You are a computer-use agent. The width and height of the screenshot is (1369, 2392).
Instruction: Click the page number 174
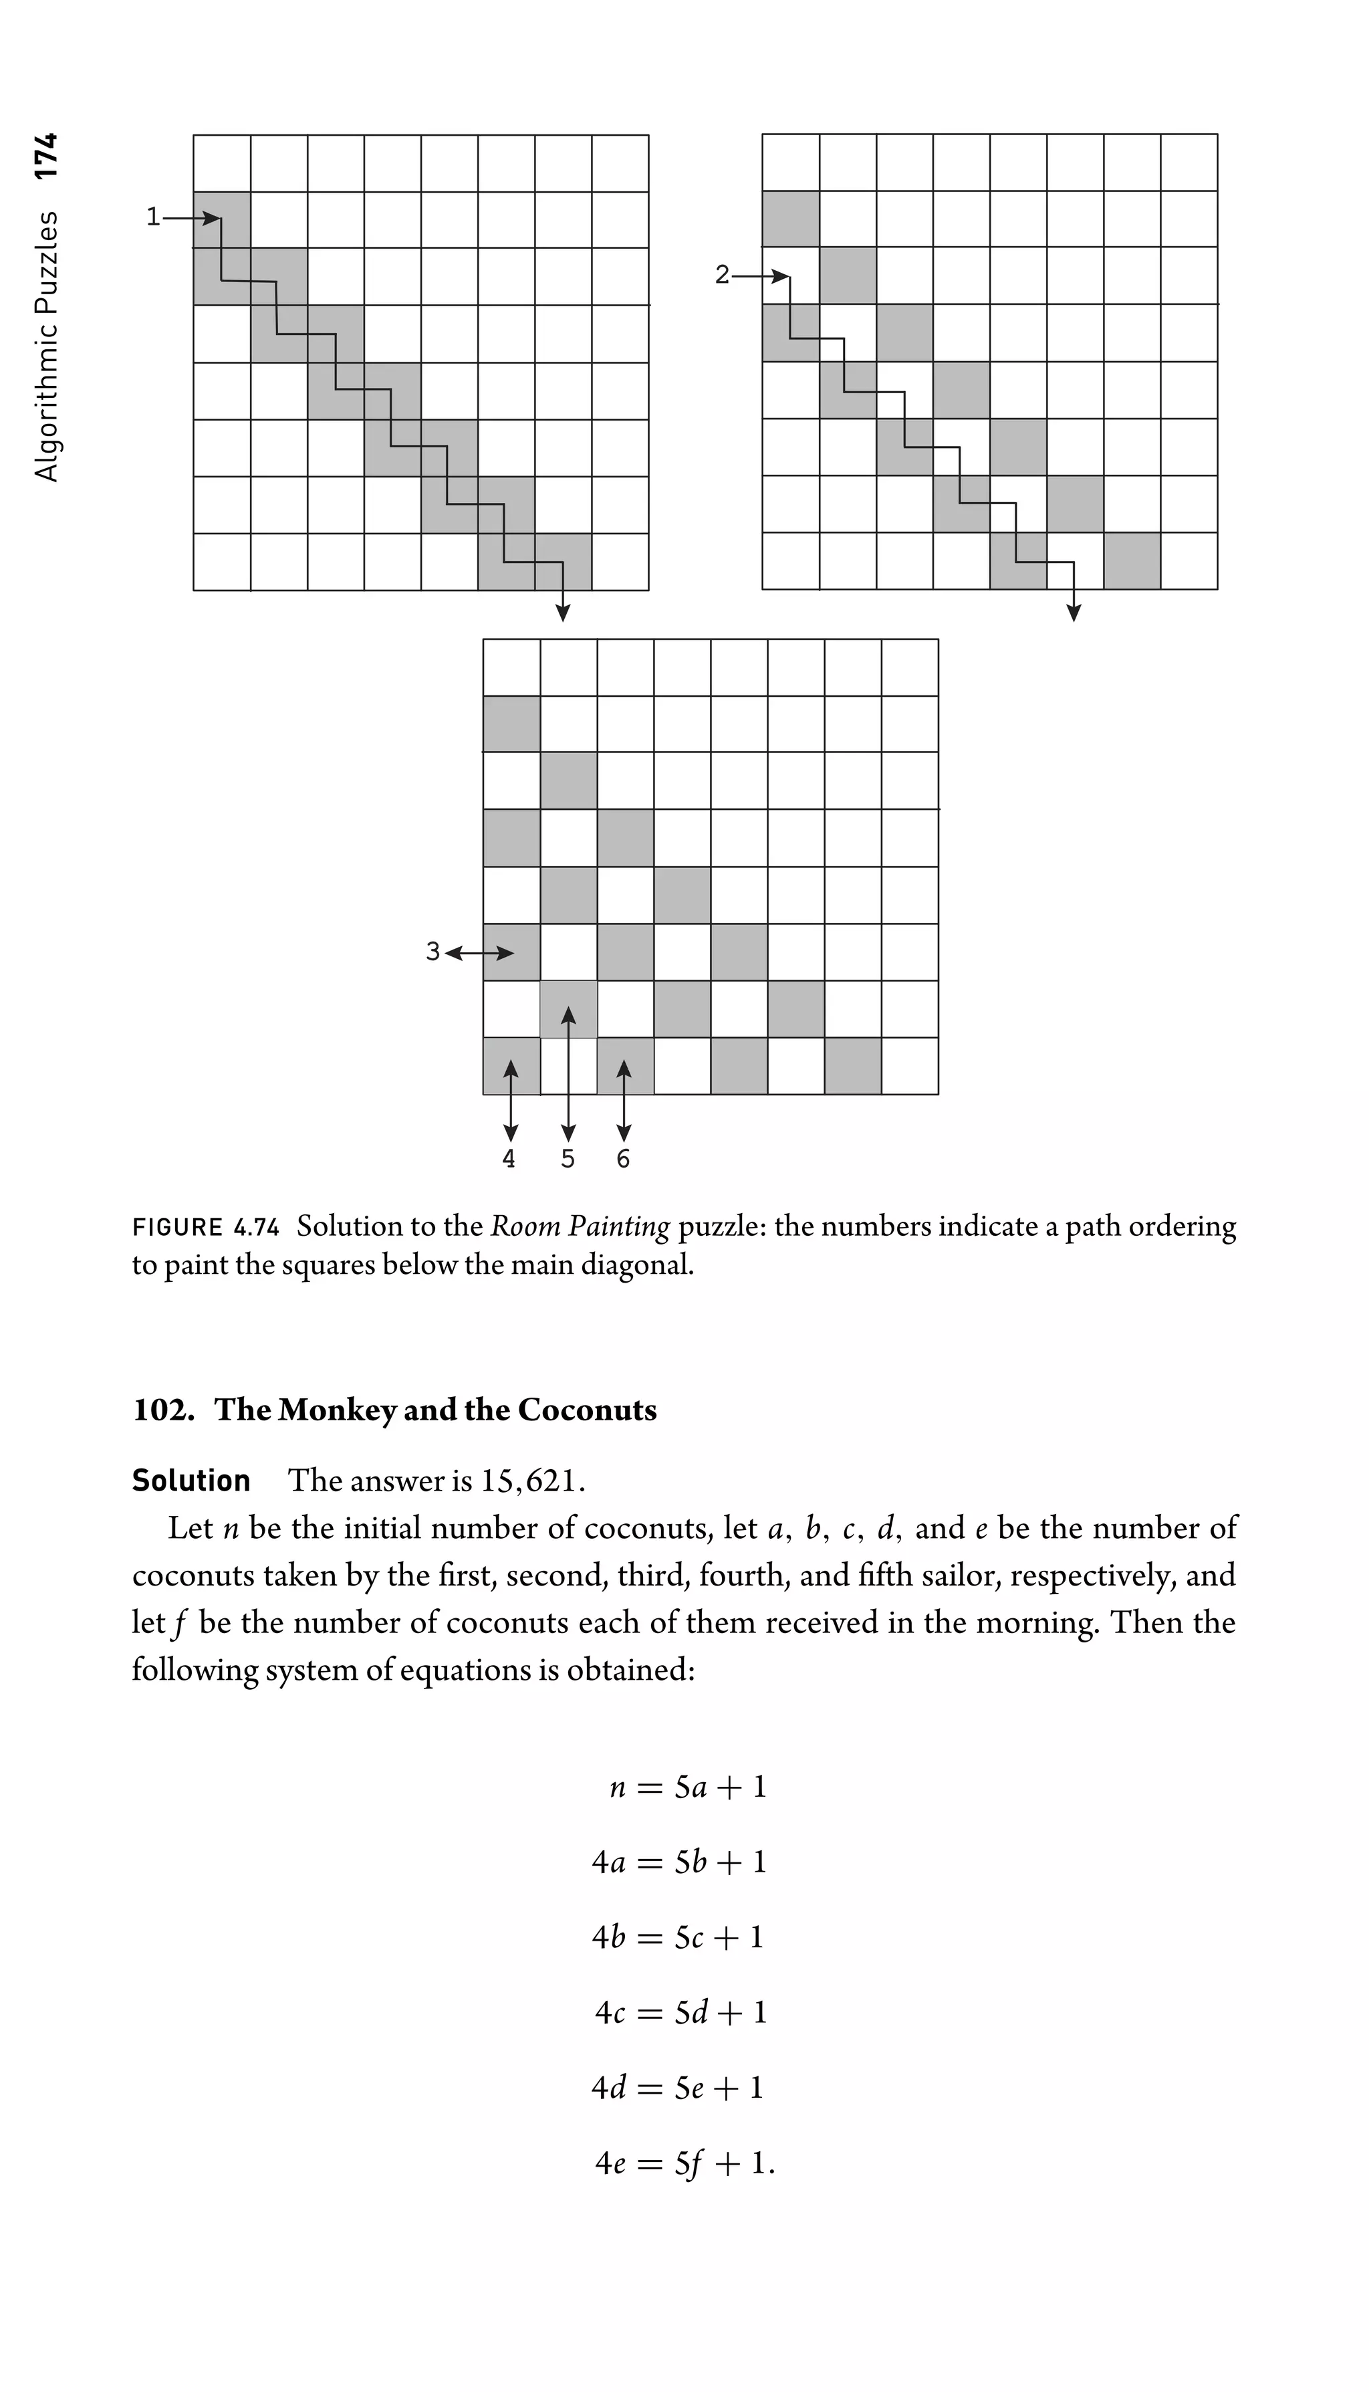pos(45,155)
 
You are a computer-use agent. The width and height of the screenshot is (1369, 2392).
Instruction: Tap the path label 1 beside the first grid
pos(153,217)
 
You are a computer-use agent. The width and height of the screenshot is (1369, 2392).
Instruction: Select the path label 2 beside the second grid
pos(721,275)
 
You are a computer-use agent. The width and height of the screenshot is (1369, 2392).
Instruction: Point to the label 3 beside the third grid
pos(432,951)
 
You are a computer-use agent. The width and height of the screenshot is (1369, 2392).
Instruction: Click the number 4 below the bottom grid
pos(509,1159)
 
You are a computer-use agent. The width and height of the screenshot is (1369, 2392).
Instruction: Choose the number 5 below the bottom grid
pos(567,1159)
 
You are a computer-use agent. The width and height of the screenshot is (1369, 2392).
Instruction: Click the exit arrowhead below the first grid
pos(562,613)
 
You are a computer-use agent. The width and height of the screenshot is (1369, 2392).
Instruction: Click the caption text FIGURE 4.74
pos(206,1228)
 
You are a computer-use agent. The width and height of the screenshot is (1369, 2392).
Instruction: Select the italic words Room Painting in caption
pos(580,1226)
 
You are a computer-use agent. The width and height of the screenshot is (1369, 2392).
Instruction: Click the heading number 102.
pos(162,1410)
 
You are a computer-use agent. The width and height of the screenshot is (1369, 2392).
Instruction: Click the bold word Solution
pos(191,1481)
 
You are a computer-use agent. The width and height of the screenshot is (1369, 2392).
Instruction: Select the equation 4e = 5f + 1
pos(684,2163)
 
